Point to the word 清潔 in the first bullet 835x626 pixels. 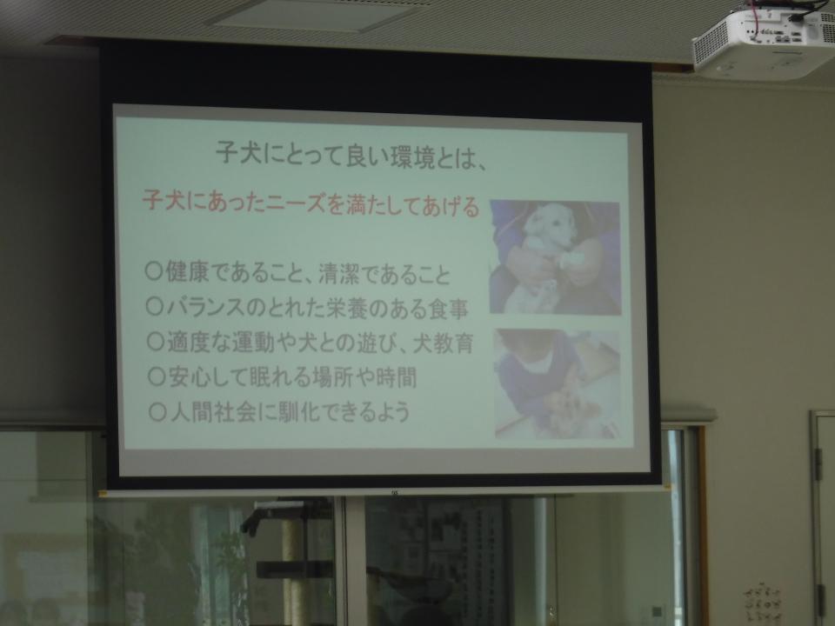pos(341,274)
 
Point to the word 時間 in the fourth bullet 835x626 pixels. pos(397,378)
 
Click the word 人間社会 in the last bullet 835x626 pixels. pos(212,412)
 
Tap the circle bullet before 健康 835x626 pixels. pos(154,272)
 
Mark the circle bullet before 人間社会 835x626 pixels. pos(157,412)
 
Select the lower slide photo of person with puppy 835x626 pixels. pos(558,384)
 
